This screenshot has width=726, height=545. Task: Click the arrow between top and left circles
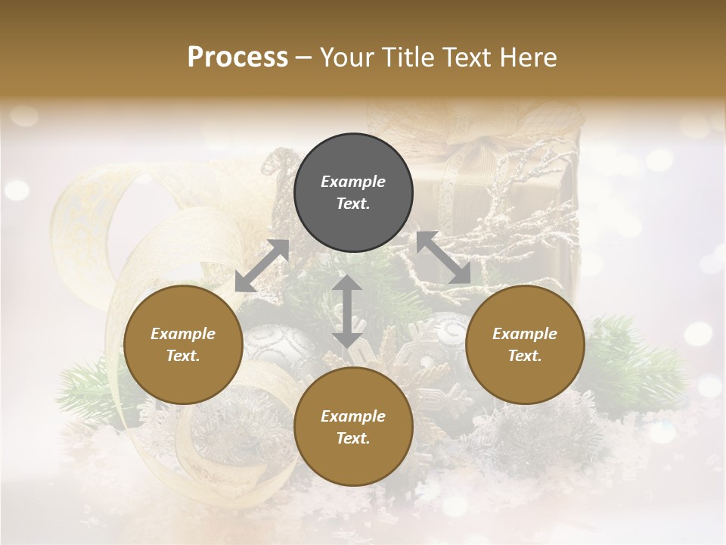tap(262, 266)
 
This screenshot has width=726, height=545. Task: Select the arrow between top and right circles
tap(444, 257)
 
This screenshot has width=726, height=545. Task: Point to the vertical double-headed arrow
tap(347, 311)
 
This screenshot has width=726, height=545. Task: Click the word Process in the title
tap(237, 57)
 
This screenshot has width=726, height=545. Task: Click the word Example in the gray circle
tap(353, 182)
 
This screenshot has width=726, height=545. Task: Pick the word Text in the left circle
tap(183, 356)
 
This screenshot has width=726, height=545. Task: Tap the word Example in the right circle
tap(525, 334)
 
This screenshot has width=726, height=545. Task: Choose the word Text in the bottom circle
tap(353, 438)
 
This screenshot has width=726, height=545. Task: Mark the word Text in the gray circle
tap(353, 204)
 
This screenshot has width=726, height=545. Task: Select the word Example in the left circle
tap(183, 334)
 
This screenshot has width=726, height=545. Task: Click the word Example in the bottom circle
tap(353, 416)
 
